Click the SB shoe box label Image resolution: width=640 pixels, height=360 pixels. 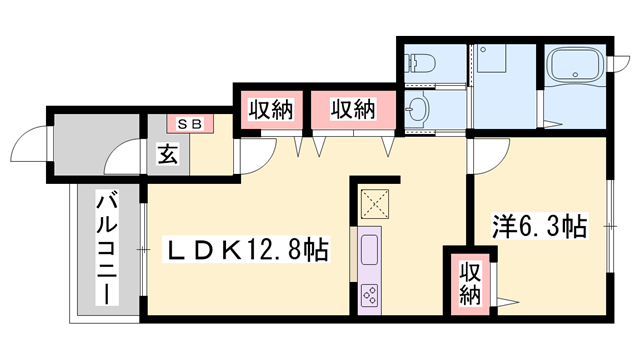point(190,124)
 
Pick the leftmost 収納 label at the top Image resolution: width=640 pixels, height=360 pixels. point(270,109)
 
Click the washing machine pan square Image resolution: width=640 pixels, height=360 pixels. point(493,60)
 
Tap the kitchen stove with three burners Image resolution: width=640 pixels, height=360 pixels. point(368,295)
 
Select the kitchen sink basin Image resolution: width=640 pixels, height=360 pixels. point(368,250)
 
